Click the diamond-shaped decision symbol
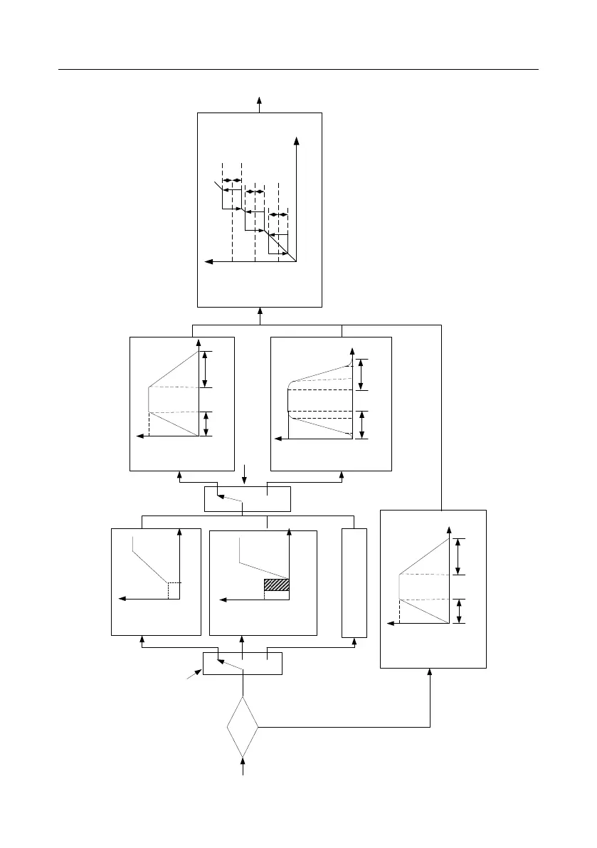243,727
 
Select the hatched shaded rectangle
277,585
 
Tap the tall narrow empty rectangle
354,582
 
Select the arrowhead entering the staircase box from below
260,311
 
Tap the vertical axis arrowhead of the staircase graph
295,141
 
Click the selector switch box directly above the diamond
243,663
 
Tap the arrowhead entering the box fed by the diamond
431,672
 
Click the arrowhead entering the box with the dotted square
142,639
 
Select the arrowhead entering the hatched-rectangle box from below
243,639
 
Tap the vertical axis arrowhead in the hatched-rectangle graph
290,532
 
